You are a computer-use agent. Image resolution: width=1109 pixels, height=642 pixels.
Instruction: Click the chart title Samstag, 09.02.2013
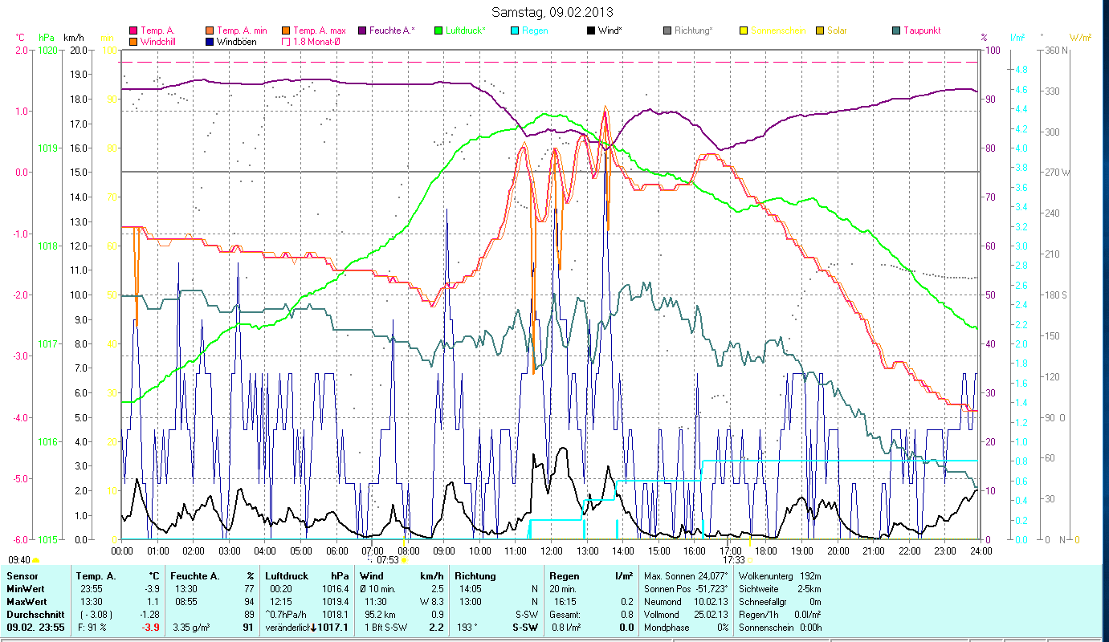coord(553,13)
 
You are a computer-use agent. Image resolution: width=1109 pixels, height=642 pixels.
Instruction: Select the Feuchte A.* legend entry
coord(392,30)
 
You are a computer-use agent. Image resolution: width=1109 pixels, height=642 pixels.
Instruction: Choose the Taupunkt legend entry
coord(921,30)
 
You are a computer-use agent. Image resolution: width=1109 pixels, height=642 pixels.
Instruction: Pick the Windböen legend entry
coord(236,41)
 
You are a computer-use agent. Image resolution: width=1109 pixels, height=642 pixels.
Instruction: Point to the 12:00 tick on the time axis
coord(552,551)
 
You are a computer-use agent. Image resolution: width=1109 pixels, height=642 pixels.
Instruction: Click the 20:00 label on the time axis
coord(838,551)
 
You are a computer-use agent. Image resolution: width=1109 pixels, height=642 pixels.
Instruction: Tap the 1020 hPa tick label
coord(47,50)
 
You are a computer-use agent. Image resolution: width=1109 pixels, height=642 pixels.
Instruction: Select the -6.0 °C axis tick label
coord(19,539)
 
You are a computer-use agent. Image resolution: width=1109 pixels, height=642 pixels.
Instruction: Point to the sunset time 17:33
coord(734,559)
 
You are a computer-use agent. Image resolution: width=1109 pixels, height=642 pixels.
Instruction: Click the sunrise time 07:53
coord(388,560)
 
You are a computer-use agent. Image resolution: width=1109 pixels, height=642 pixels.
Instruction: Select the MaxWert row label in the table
coord(27,601)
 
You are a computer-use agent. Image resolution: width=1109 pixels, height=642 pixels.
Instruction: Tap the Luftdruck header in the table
coord(286,576)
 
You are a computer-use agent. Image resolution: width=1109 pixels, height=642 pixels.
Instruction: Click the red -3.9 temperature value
coord(150,627)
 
